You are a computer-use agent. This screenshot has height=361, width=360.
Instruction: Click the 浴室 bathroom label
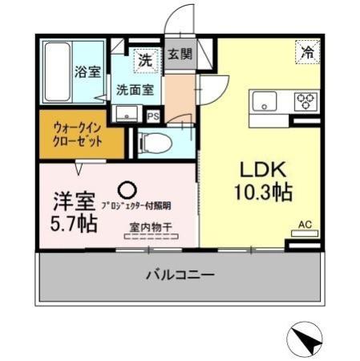pos(88,71)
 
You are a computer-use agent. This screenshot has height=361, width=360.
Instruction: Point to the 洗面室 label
pos(136,90)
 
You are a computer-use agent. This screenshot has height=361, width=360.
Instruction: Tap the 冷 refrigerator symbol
pos(307,51)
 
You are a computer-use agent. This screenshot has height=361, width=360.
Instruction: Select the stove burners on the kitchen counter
pos(305,101)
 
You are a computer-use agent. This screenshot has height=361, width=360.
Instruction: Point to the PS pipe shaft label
pos(152,116)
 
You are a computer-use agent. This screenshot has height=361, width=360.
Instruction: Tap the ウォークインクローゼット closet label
pos(79,133)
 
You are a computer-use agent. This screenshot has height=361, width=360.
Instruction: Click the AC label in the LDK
pos(305,225)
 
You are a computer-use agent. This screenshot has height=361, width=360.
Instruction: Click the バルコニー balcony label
pos(180,275)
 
